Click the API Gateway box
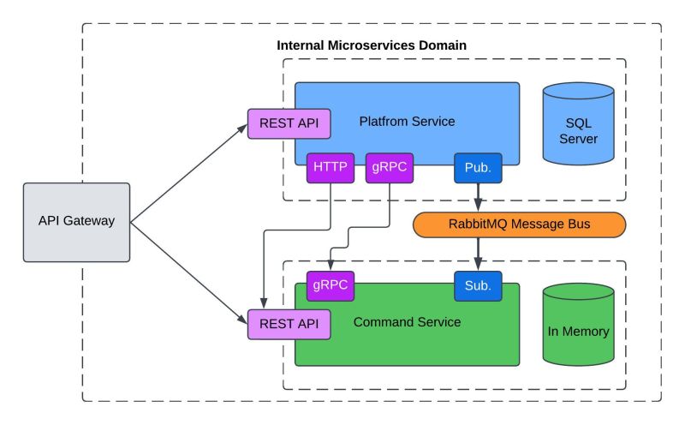[76, 221]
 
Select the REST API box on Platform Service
[289, 123]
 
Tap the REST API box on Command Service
[289, 324]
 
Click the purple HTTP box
[330, 168]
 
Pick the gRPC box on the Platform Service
[390, 168]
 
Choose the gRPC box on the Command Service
[330, 285]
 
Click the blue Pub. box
[478, 168]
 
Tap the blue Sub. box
[478, 285]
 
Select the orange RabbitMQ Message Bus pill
[519, 224]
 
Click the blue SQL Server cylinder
[579, 124]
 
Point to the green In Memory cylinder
[579, 326]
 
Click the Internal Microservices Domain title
[372, 45]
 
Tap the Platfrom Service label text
[407, 122]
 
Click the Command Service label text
[407, 322]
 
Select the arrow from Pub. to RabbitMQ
[478, 197]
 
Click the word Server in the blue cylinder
[579, 139]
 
